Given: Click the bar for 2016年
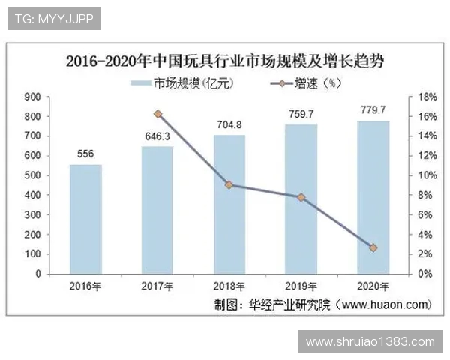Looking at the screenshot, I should point(85,219).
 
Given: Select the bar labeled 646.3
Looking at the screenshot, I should point(157,210).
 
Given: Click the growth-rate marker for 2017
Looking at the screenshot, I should point(157,114).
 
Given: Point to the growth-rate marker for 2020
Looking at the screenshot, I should point(373,247).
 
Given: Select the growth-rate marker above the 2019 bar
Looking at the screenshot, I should point(301,197).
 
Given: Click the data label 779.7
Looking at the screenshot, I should point(373,110).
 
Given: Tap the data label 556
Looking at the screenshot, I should point(85,154).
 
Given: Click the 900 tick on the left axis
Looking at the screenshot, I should point(32,97).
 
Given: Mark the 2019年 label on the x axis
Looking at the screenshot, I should point(301,286).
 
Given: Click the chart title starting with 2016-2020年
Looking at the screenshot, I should point(225,61).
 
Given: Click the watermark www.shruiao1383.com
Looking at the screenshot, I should point(370,341).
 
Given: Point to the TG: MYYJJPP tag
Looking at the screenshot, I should point(53,19).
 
